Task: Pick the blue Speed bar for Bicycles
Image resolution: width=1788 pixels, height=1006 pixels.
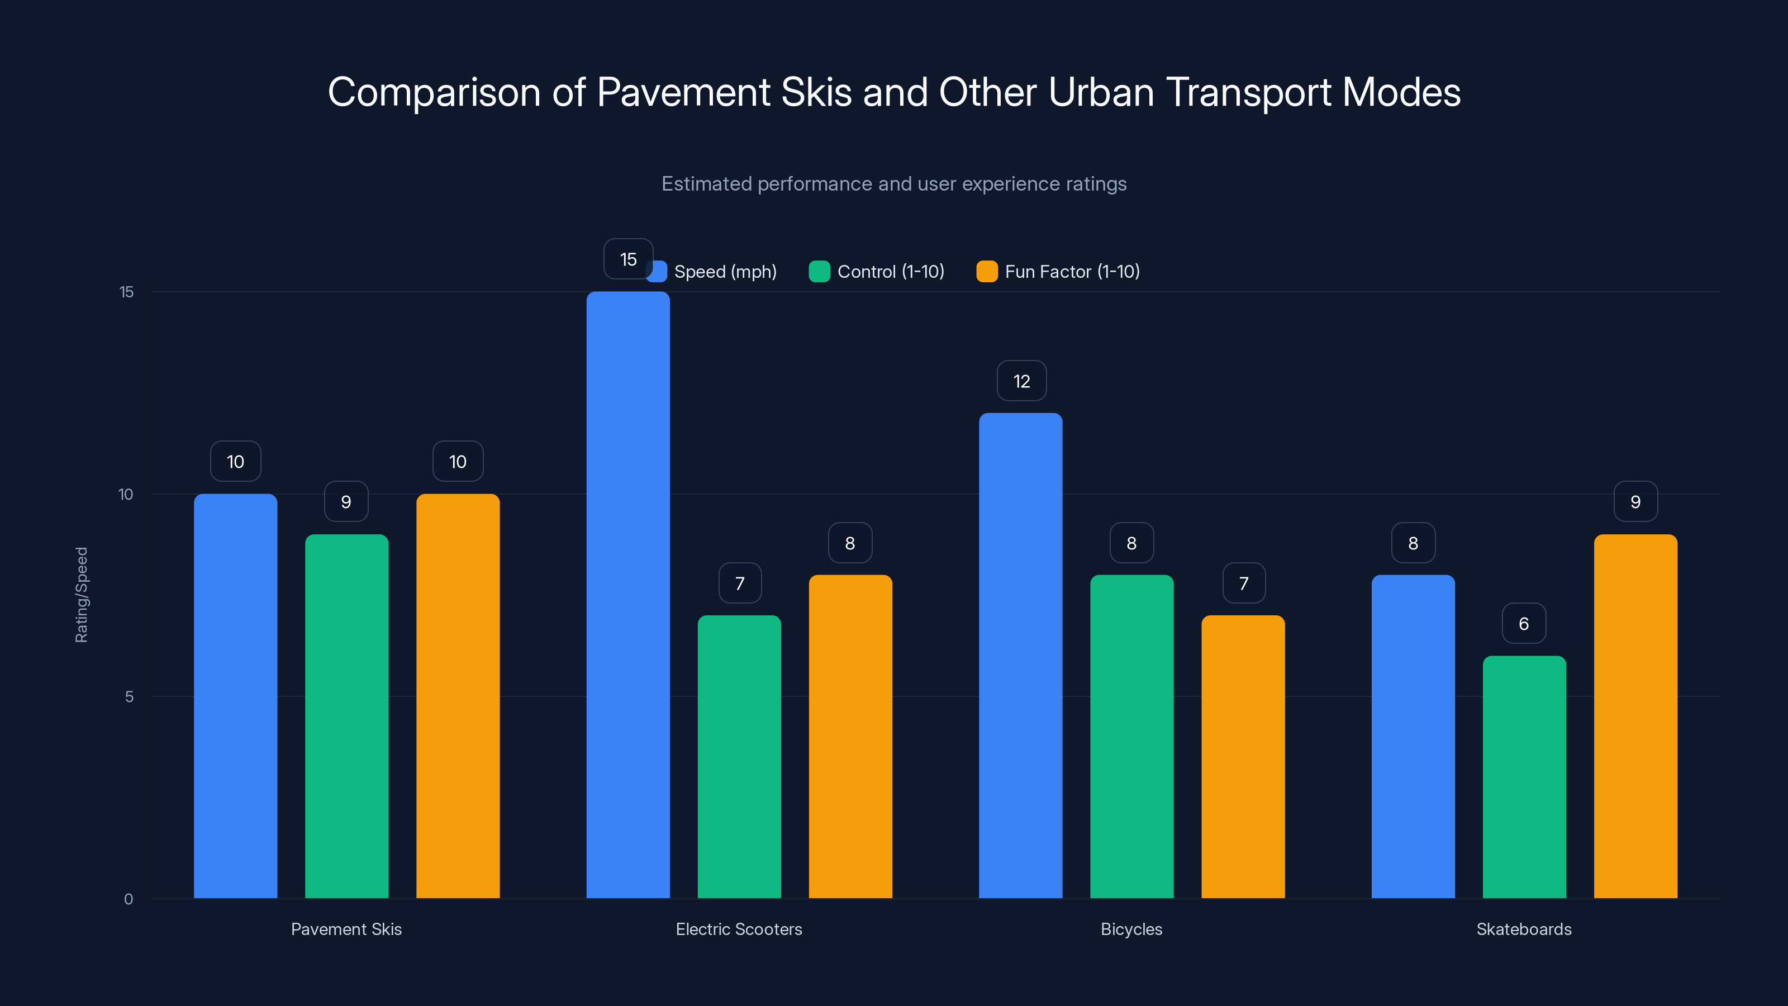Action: coord(1020,656)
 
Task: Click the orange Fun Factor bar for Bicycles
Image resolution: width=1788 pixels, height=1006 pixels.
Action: coord(1243,756)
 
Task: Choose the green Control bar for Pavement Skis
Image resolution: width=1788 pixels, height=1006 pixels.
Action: coord(346,716)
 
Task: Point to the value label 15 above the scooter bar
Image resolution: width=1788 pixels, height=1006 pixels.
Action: coord(627,259)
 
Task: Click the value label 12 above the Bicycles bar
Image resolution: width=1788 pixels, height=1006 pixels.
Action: coord(1021,381)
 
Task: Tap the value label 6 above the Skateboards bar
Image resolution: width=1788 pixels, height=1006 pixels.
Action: coord(1524,624)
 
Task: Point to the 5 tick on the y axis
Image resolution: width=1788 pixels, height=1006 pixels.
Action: coord(129,696)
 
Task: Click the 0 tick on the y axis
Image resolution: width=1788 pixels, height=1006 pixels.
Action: coord(129,899)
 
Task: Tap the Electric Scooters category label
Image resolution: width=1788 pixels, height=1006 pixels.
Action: coord(739,929)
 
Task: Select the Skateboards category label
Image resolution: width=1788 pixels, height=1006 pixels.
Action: coord(1524,929)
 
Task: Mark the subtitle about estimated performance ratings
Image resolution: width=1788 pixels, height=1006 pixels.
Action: coord(893,184)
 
